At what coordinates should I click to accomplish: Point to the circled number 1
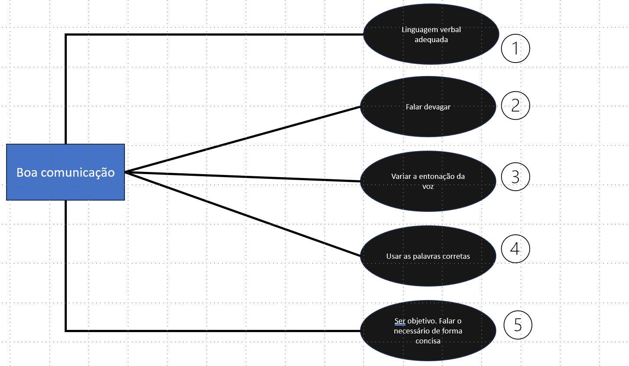point(515,48)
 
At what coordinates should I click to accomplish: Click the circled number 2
point(515,106)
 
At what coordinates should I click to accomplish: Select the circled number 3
point(515,177)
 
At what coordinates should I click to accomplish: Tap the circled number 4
point(515,249)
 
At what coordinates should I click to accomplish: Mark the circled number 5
point(518,325)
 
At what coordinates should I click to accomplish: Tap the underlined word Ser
point(400,321)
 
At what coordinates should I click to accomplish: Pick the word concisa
point(428,341)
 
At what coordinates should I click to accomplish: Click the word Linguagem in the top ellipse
point(419,30)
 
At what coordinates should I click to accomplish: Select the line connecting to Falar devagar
point(243,139)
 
